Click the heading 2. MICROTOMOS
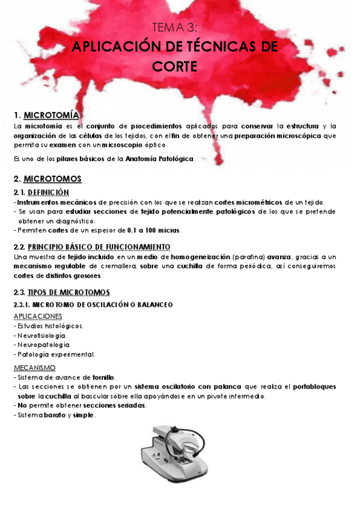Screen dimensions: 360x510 pos(47,179)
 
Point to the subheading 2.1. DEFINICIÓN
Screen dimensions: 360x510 pos(41,192)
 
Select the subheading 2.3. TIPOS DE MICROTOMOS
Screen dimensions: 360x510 pos(62,292)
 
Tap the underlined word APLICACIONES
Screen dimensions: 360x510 pos(37,316)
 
